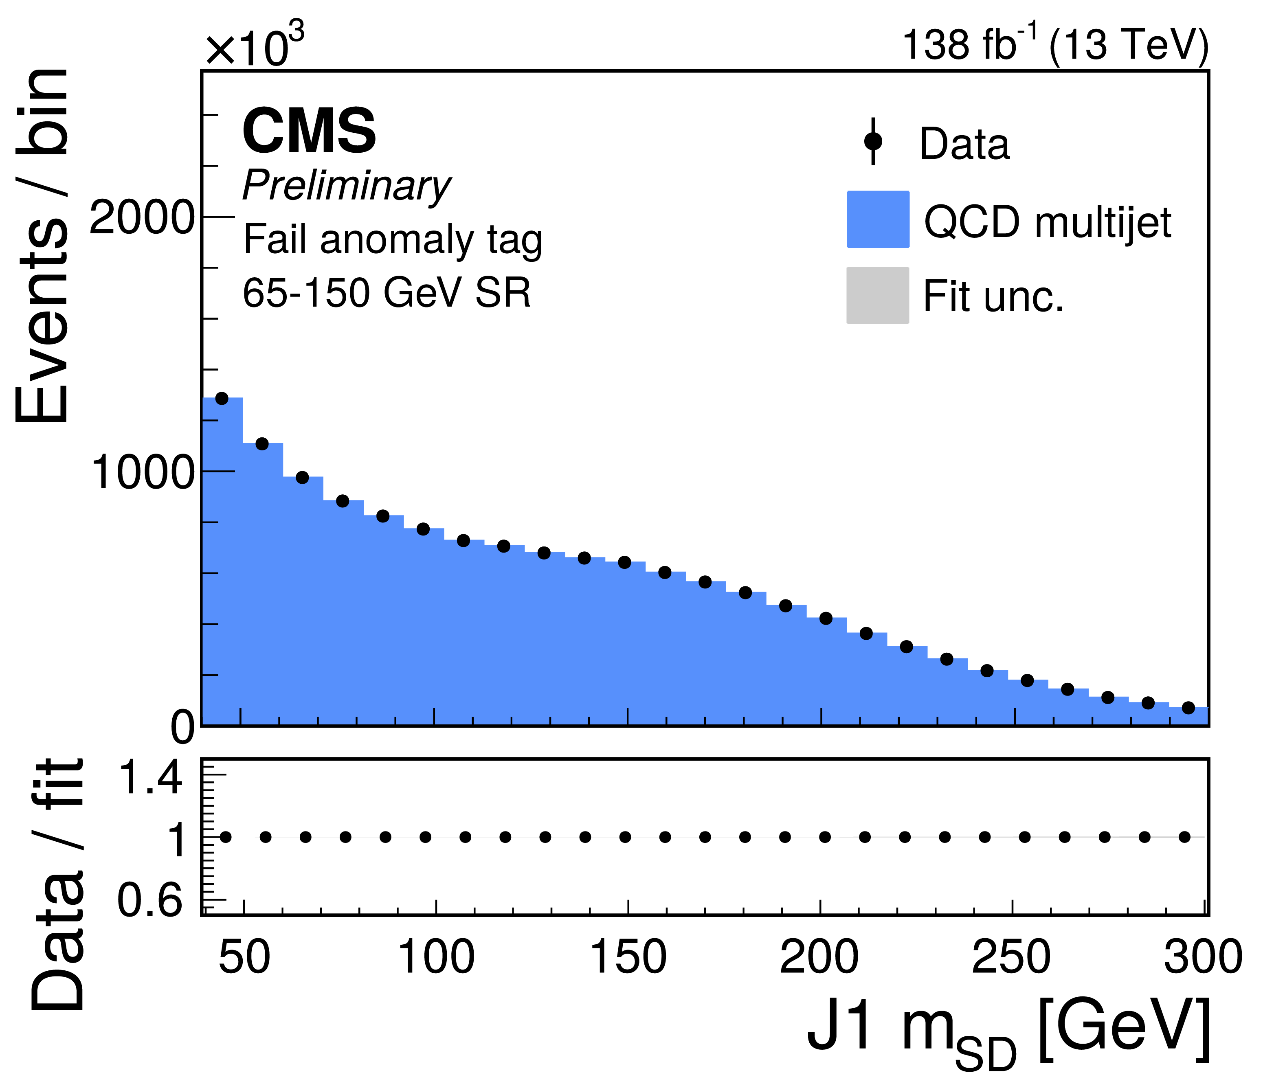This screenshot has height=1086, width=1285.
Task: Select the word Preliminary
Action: (347, 185)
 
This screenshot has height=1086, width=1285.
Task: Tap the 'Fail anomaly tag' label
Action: (393, 239)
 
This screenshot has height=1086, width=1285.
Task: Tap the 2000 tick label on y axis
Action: (142, 217)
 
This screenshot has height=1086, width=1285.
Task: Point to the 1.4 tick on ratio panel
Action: (149, 777)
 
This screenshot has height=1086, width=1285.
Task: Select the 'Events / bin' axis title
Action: (42, 246)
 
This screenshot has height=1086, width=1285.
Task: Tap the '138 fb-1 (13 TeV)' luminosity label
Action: (1055, 44)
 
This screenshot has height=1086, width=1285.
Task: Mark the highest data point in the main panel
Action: (222, 398)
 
